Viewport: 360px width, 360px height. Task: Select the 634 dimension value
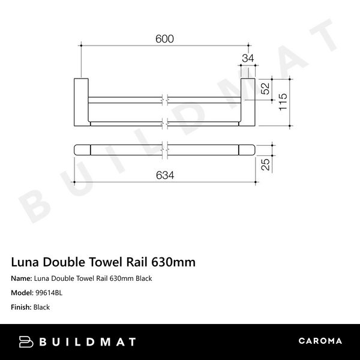[165, 175]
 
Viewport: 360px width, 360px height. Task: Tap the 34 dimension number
[248, 58]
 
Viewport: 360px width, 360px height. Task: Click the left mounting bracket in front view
[81, 103]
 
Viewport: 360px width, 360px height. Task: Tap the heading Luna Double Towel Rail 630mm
[104, 263]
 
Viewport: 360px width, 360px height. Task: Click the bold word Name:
[23, 279]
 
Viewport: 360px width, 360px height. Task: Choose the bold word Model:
[24, 293]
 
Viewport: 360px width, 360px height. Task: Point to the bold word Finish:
[23, 307]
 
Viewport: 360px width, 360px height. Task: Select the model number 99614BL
[50, 293]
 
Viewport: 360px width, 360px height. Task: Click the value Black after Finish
[42, 307]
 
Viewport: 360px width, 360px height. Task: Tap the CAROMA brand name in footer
[320, 341]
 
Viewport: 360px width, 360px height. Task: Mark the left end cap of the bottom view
[82, 149]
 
